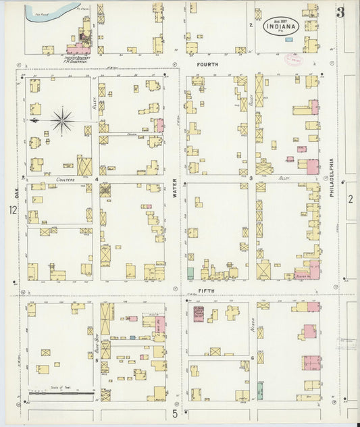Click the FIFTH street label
click(x=207, y=291)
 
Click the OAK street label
click(x=14, y=193)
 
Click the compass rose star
click(x=62, y=121)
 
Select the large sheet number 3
click(x=341, y=11)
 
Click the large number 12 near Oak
click(x=13, y=211)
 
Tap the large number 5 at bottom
click(x=174, y=413)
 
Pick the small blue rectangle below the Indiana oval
click(x=290, y=39)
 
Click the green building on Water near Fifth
click(x=190, y=274)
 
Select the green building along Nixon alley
click(x=260, y=390)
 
